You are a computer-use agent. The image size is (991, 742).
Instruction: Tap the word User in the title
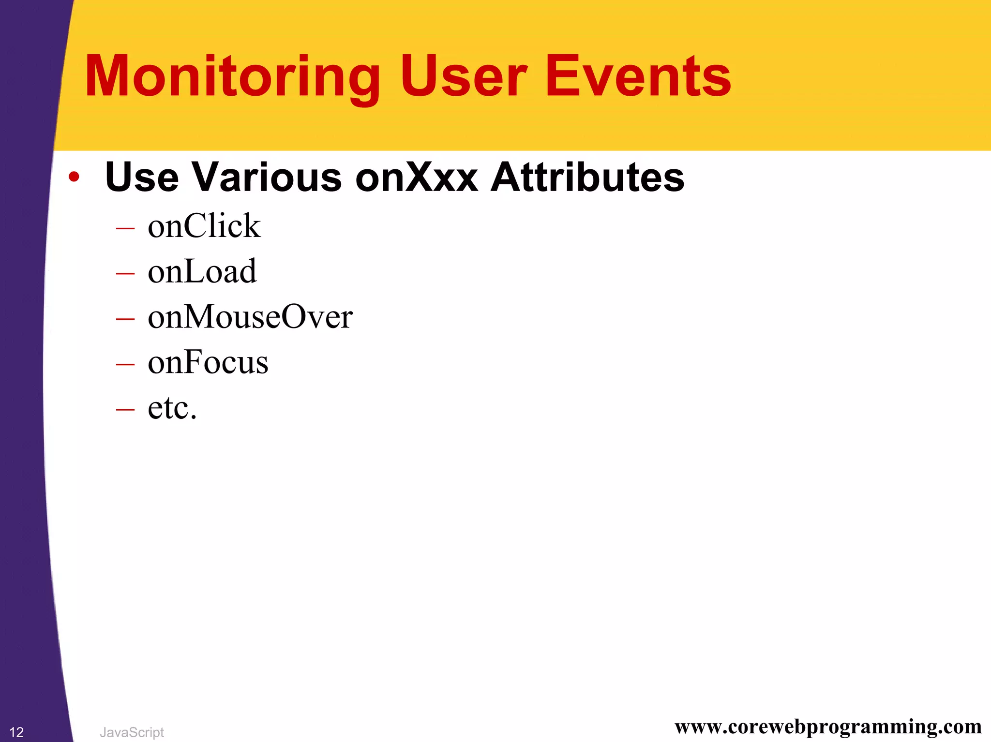(x=463, y=76)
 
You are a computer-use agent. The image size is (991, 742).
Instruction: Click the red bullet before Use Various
(x=74, y=177)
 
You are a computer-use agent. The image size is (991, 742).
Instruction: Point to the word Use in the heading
(x=141, y=178)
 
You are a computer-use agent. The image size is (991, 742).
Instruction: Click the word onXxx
(x=417, y=178)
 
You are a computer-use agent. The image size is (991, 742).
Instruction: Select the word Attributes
(x=587, y=178)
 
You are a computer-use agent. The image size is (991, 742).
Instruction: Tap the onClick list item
(x=204, y=226)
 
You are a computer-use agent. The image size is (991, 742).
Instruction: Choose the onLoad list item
(x=202, y=271)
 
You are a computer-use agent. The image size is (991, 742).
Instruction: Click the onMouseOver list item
(x=250, y=317)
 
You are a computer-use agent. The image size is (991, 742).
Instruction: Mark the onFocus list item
(x=208, y=362)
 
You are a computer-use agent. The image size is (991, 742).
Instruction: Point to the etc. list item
(x=172, y=408)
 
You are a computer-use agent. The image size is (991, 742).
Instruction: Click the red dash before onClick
(x=125, y=228)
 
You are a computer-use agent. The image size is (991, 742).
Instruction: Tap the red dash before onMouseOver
(x=125, y=319)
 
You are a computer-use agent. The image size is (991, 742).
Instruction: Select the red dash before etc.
(x=125, y=410)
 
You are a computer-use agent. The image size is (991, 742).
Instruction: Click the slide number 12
(x=16, y=732)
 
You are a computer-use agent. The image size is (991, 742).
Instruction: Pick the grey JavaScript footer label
(x=132, y=732)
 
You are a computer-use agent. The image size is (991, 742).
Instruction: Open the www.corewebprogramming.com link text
(x=828, y=727)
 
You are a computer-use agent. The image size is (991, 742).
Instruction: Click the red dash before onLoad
(x=125, y=273)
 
